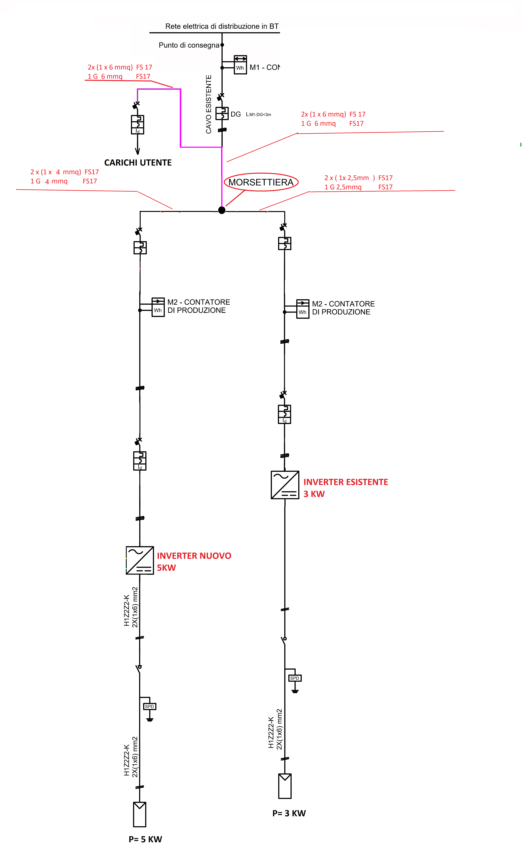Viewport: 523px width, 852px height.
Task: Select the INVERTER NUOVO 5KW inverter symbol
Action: click(140, 560)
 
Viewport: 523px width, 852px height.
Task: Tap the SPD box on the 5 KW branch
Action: click(149, 706)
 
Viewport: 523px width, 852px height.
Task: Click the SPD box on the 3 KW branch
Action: click(295, 678)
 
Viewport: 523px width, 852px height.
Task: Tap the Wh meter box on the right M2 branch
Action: click(303, 309)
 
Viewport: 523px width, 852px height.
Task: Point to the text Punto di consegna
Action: click(189, 45)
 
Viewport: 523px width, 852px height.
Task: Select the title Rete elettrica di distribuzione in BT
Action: click(222, 26)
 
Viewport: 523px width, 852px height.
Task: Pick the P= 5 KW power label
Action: click(145, 839)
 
